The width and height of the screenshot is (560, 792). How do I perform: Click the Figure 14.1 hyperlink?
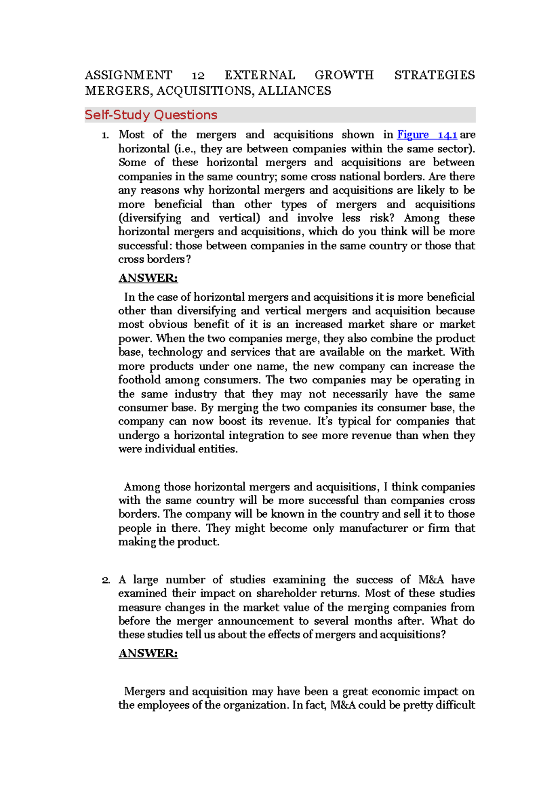[x=427, y=135]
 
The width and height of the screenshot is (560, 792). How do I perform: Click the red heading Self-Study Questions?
[x=151, y=115]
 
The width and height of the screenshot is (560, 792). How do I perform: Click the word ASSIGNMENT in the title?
[x=128, y=75]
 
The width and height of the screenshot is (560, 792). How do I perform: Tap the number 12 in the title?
[x=198, y=76]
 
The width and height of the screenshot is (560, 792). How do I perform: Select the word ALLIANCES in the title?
[x=294, y=90]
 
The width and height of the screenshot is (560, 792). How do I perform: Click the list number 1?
[x=105, y=135]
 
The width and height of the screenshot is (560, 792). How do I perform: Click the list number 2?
[x=105, y=580]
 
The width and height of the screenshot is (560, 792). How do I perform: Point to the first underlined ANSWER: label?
[x=148, y=278]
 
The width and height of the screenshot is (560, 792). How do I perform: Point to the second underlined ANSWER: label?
[x=148, y=653]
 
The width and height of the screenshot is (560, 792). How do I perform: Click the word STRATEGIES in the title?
[x=434, y=75]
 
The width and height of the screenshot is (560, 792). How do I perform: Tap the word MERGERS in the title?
[x=119, y=90]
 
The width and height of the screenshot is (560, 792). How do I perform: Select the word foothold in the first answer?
[x=139, y=380]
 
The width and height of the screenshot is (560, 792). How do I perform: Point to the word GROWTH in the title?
[x=344, y=75]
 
